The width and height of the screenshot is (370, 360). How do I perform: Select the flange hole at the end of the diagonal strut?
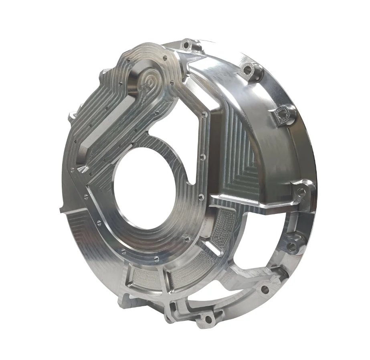point(265,288)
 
